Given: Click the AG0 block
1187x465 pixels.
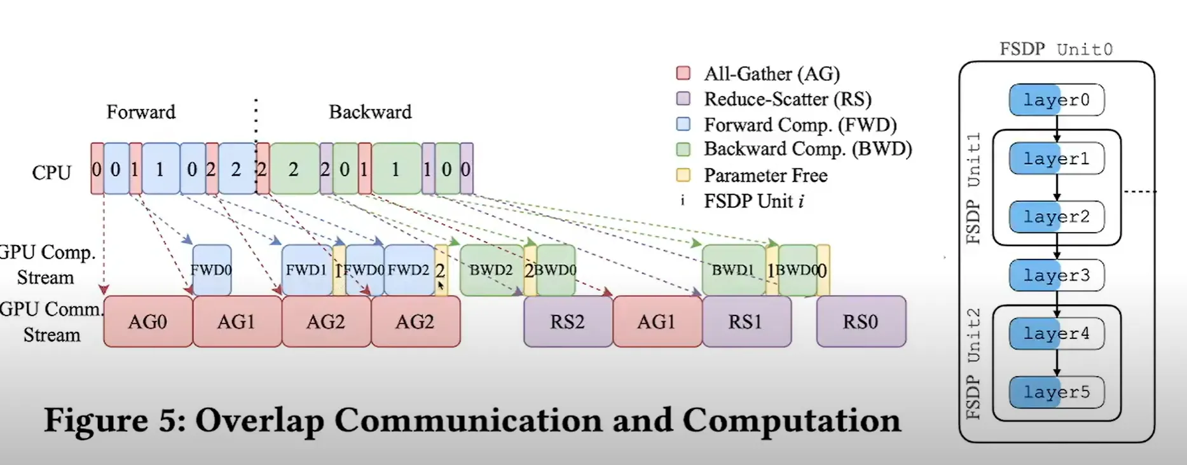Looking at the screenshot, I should click(x=148, y=321).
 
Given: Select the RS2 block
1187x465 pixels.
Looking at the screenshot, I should click(x=568, y=321).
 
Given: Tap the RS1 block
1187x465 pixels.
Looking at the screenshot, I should click(x=746, y=321).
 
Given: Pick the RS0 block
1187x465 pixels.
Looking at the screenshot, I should click(x=861, y=321).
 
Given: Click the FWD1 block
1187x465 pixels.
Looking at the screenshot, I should click(x=306, y=270).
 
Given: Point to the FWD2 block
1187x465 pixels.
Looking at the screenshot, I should click(x=409, y=270).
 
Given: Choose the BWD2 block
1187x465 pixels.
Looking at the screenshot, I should click(x=491, y=270).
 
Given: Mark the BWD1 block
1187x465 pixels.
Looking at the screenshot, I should click(x=733, y=270).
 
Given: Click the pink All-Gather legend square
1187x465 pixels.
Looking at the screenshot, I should click(x=683, y=73).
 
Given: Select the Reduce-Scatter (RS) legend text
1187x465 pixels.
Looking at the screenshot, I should click(x=788, y=99).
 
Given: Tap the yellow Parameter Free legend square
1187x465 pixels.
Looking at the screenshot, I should click(x=683, y=175).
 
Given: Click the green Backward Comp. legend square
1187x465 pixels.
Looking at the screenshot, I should click(x=683, y=149).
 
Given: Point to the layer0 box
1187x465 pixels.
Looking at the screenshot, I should click(x=1057, y=100).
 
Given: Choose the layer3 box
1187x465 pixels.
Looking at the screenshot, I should click(x=1057, y=275).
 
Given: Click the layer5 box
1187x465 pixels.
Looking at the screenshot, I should click(x=1057, y=392).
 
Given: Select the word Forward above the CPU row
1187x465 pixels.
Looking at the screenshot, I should click(x=141, y=112).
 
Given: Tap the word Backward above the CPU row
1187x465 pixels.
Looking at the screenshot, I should click(x=370, y=112).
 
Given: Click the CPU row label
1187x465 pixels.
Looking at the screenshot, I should click(x=51, y=172).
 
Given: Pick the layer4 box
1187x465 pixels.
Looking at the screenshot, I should click(x=1057, y=333).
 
